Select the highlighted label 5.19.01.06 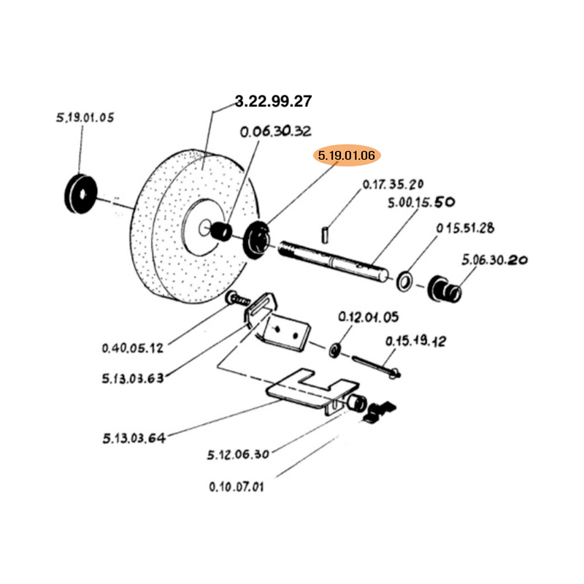click(347, 155)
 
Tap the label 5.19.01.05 click(84, 118)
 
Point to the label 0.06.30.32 click(277, 131)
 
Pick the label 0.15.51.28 click(465, 228)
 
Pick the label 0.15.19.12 click(415, 341)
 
